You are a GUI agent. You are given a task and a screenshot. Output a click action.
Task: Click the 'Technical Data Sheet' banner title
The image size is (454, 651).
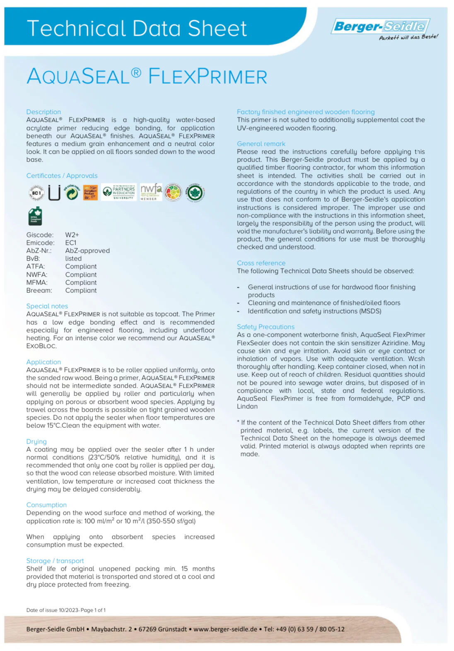137,29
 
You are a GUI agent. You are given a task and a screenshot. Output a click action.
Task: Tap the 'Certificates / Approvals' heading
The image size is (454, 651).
62,176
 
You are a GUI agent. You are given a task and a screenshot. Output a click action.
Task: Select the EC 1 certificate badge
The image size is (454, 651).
36,193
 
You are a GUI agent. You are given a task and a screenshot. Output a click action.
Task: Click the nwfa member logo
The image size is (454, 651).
151,192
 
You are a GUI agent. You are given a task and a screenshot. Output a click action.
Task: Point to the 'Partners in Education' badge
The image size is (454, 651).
119,192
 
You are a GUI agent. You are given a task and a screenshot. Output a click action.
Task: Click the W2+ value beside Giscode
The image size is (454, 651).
72,235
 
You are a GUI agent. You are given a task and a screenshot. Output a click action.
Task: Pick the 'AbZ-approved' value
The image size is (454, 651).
87,251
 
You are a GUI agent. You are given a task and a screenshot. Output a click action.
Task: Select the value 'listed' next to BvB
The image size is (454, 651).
73,258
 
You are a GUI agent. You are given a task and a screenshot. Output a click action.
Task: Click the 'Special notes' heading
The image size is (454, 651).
47,306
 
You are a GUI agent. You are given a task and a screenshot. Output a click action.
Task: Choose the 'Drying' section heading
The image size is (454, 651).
36,441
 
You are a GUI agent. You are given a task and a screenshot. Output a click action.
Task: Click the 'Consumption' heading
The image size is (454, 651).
46,505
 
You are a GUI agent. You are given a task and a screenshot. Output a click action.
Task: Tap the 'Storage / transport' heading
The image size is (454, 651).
55,561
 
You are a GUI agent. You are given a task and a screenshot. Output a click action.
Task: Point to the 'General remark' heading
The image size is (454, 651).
261,144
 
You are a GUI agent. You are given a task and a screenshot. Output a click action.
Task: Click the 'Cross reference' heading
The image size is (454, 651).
261,263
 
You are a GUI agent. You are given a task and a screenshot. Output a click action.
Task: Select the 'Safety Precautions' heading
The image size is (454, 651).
266,327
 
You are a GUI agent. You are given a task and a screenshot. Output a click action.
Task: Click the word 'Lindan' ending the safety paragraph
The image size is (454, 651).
247,406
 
